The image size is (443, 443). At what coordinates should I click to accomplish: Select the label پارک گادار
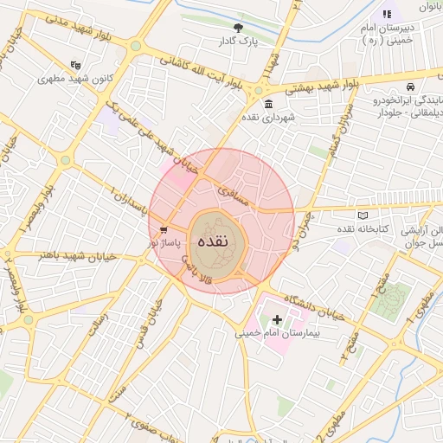tap(238, 41)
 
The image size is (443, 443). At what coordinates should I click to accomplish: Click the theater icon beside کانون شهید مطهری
tap(76, 65)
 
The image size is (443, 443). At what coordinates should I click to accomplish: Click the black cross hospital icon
tap(277, 320)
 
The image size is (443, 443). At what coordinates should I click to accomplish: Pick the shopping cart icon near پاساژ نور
tap(164, 230)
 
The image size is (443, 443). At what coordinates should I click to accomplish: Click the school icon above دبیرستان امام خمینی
tap(387, 14)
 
